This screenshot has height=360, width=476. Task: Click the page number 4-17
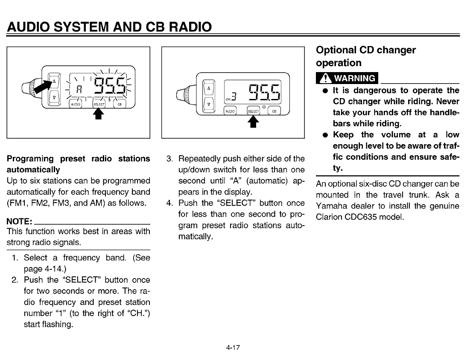(234, 348)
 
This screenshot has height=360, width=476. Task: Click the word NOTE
(19, 221)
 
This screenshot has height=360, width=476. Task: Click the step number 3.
(169, 159)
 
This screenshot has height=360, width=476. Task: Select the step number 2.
(15, 280)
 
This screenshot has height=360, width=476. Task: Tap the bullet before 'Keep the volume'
(326, 135)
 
